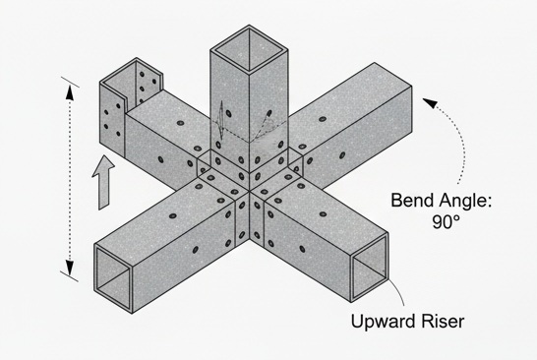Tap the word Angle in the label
[461, 202]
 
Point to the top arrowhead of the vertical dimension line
[69, 90]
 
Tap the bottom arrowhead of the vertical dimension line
[69, 266]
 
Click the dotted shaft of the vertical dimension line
[69, 177]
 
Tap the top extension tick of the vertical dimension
[68, 77]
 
